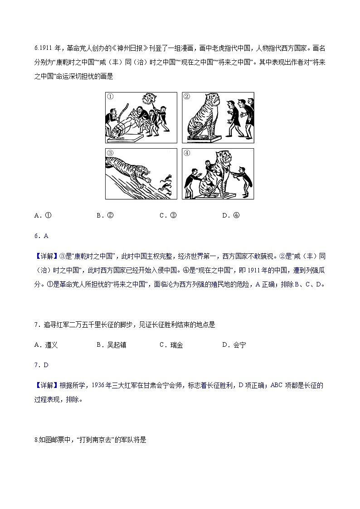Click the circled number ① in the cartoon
(x=110, y=97)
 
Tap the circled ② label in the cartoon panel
(x=187, y=97)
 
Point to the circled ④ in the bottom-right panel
(x=187, y=153)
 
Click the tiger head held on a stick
(x=150, y=98)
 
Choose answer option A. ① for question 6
(x=43, y=215)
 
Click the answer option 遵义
(x=47, y=345)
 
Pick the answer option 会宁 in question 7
(x=234, y=345)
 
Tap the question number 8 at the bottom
(x=36, y=440)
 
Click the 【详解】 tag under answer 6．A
(x=46, y=256)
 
